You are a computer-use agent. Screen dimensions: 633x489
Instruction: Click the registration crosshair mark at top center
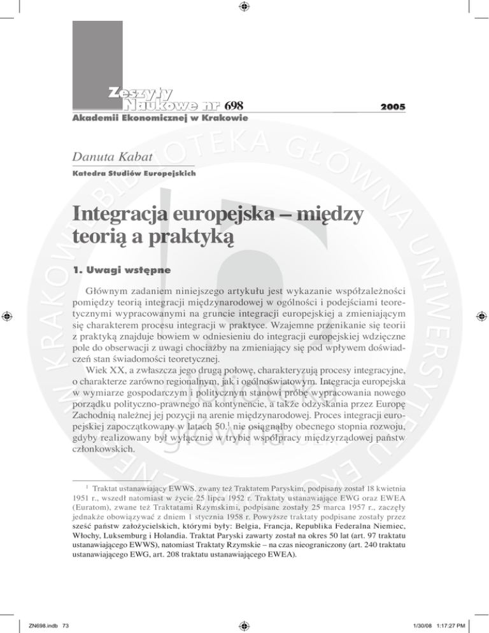pos(244,8)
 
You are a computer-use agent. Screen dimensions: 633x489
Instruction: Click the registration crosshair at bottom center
pos(244,626)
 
